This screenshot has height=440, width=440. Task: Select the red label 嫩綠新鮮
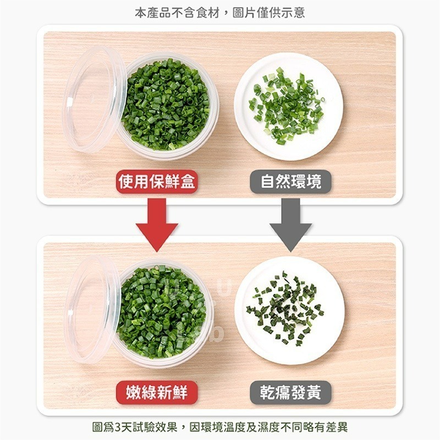click(157, 393)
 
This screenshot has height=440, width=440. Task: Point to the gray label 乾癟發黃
click(291, 393)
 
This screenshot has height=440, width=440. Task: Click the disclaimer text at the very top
click(220, 13)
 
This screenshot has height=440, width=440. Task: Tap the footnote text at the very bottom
click(220, 427)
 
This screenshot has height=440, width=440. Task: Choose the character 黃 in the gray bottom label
click(320, 393)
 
